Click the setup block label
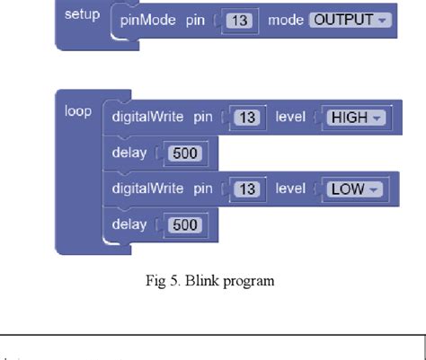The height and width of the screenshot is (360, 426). click(x=82, y=15)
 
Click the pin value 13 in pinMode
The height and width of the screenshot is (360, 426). click(x=237, y=20)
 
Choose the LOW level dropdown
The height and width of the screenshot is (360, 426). click(x=351, y=189)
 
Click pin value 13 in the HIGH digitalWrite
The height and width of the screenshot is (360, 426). click(x=249, y=117)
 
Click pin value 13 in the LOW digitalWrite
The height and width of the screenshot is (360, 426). click(x=249, y=189)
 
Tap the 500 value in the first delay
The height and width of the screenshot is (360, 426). click(x=185, y=153)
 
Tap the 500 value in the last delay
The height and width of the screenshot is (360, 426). click(x=185, y=224)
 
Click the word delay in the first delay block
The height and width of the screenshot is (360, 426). click(x=129, y=153)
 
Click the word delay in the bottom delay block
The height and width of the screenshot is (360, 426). click(x=129, y=224)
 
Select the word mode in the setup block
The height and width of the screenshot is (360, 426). click(x=286, y=20)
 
